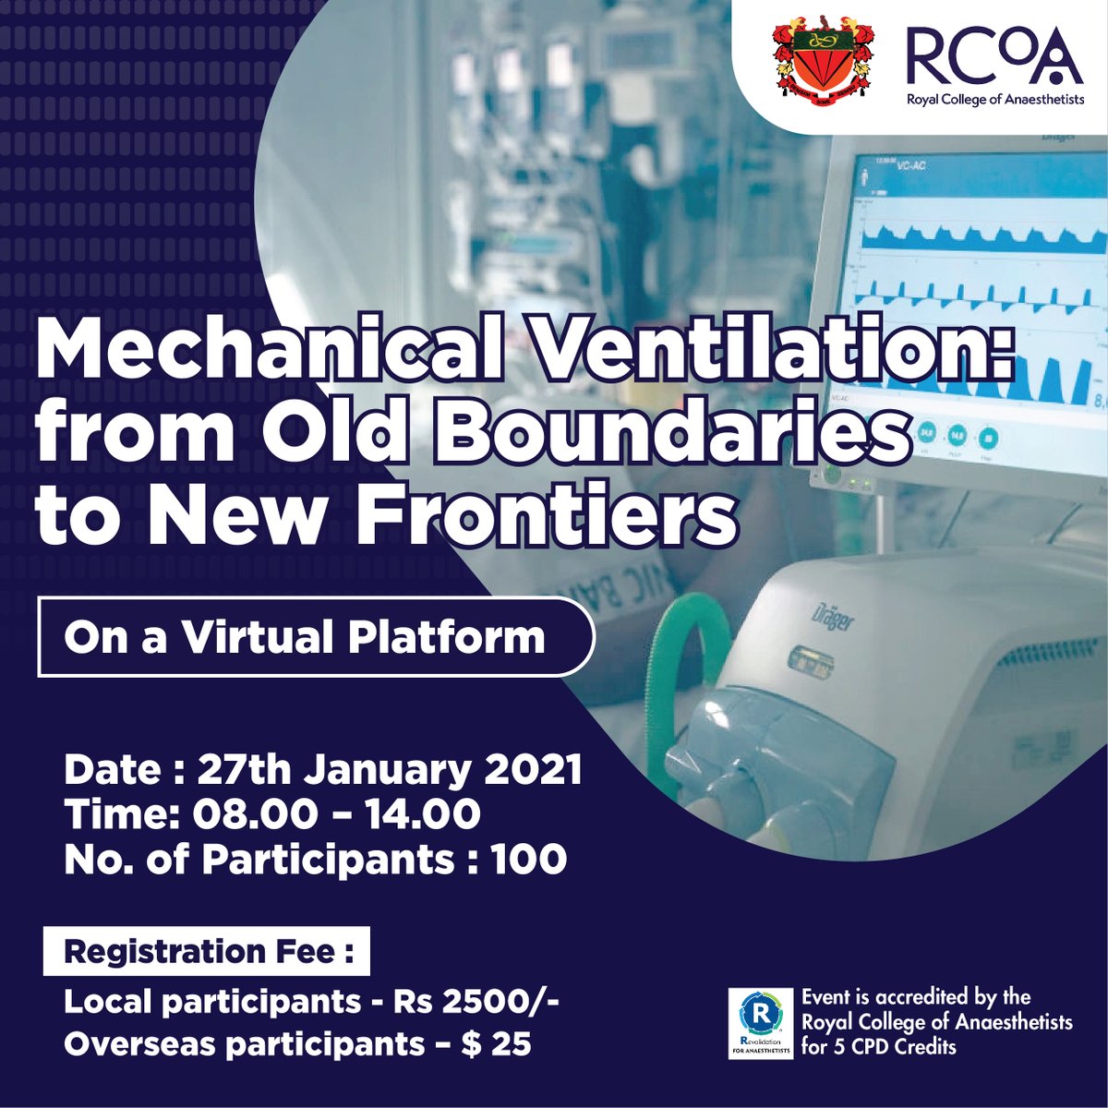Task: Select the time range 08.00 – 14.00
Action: pos(336,814)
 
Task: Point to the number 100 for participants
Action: pos(528,860)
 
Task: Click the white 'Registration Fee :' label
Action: pos(207,951)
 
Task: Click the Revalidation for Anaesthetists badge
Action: pos(760,1023)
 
